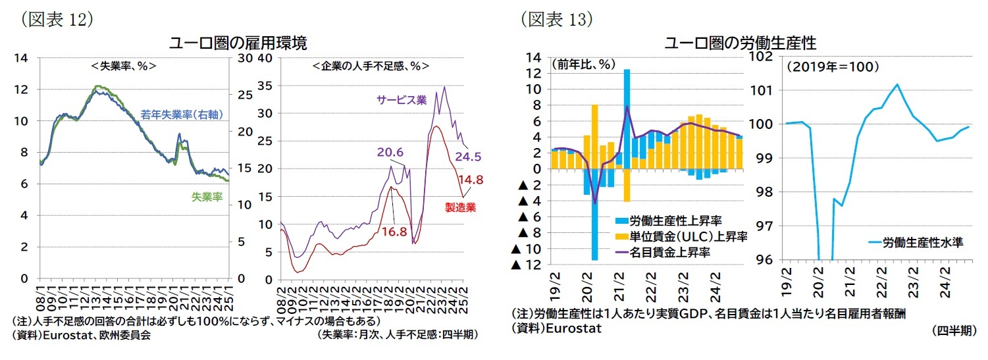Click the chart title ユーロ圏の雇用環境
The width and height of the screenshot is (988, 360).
(x=238, y=43)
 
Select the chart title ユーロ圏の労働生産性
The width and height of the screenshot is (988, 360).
(x=741, y=43)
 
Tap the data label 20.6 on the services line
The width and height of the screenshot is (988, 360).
(x=390, y=153)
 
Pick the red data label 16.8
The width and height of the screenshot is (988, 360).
(x=394, y=232)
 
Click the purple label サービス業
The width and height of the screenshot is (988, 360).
(x=401, y=100)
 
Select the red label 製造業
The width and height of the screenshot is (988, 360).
(x=460, y=207)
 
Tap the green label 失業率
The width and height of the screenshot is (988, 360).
(x=206, y=196)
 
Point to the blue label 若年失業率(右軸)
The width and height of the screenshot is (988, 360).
(x=182, y=115)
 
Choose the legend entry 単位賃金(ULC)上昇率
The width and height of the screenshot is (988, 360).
(x=681, y=236)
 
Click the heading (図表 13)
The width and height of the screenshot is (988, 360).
(x=557, y=19)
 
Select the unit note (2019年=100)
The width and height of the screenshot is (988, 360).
(x=827, y=66)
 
